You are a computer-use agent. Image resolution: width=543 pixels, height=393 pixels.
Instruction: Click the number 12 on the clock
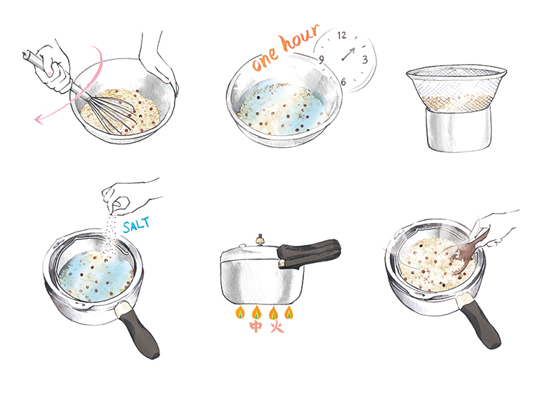342,35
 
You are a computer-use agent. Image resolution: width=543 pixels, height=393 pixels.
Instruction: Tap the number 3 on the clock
365,59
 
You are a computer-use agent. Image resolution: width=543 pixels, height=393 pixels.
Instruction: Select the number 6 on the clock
343,81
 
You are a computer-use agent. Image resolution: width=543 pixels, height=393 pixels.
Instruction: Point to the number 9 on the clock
321,59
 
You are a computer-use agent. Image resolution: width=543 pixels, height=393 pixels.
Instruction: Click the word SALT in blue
137,224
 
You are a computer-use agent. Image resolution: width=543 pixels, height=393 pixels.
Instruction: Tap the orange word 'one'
265,59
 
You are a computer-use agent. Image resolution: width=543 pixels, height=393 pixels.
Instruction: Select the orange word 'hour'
300,37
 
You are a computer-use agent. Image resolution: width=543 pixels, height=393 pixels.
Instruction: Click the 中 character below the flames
256,327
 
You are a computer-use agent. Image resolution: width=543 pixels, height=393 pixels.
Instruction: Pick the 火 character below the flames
277,327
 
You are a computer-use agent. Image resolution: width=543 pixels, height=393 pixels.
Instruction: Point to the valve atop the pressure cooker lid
259,240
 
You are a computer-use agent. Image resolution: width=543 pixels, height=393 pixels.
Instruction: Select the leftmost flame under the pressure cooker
240,312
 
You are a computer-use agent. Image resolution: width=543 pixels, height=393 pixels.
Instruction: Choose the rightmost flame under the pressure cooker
289,312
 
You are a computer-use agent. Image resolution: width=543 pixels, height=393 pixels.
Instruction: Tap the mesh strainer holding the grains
456,88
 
